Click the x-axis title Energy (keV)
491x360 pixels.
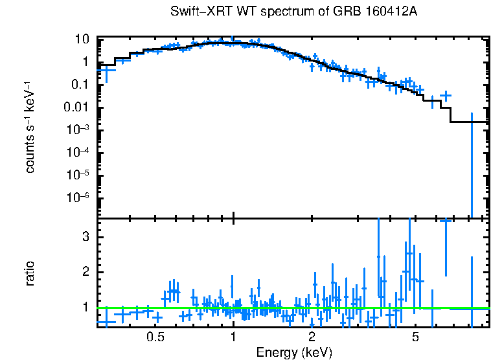(294, 352)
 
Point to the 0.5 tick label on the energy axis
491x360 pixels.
(154, 337)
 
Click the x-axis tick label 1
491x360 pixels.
(233, 337)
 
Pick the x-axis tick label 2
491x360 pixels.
(312, 337)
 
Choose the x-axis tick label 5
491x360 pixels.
(415, 337)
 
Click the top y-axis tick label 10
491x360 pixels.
(82, 39)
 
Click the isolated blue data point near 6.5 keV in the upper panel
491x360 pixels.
(445, 96)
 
